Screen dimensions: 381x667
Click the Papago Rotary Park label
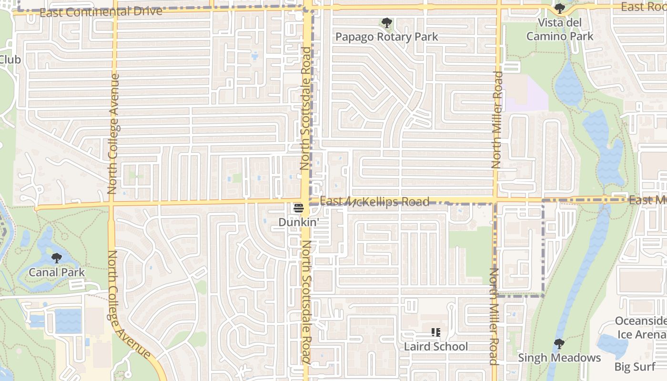coord(386,37)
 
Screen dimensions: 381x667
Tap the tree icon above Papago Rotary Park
coord(386,22)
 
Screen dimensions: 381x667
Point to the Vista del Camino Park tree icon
coord(559,9)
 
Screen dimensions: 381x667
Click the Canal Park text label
coord(57,272)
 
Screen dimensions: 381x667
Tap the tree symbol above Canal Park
coord(57,258)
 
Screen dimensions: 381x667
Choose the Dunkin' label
coord(299,222)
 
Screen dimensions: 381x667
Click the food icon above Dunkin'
coord(299,208)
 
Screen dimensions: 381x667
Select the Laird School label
coord(435,346)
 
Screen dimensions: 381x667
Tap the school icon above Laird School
coord(435,332)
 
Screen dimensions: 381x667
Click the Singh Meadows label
coord(559,357)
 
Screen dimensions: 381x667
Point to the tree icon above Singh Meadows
coord(559,343)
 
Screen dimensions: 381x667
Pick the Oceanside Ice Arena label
coord(641,328)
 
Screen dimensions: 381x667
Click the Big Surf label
coord(635,367)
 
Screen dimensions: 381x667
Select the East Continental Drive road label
coord(101,12)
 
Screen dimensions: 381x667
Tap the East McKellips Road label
coord(374,202)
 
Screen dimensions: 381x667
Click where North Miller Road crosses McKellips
coord(496,201)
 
